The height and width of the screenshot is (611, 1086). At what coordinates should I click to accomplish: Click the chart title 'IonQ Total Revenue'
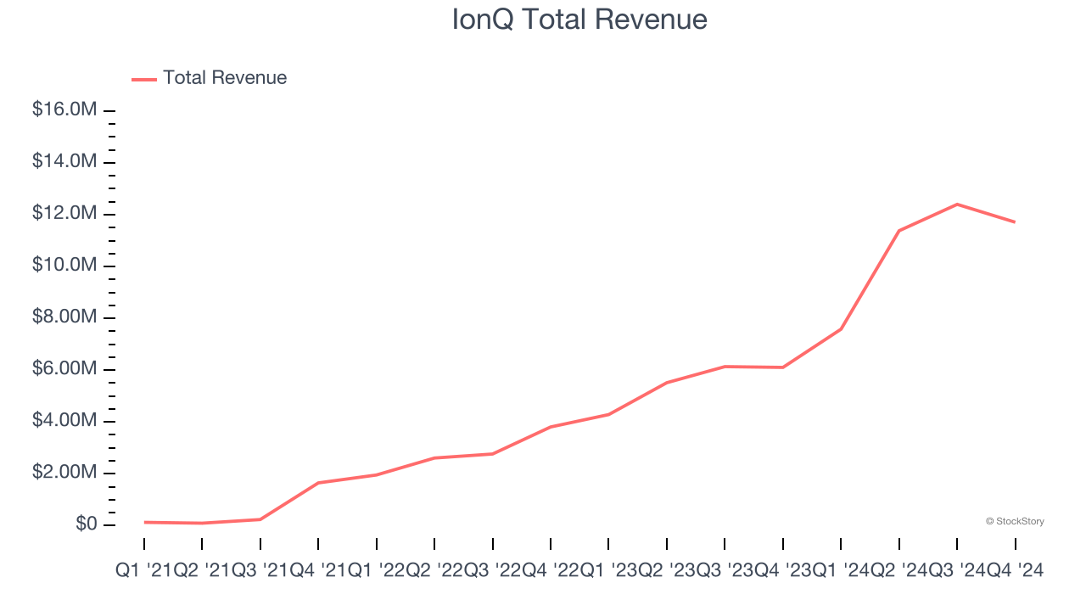tap(579, 20)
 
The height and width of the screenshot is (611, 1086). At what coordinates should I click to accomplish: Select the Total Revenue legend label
tap(225, 78)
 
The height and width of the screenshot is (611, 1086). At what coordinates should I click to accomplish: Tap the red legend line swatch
tap(144, 79)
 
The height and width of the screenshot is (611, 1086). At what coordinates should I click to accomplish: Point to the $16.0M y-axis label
tap(64, 110)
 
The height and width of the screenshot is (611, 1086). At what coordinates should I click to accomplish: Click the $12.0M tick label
tap(64, 214)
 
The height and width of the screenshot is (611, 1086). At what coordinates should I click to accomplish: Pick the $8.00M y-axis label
tap(64, 317)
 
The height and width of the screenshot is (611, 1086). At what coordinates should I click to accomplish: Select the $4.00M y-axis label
tap(64, 421)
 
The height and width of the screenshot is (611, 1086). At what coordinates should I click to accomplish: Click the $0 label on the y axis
tap(86, 524)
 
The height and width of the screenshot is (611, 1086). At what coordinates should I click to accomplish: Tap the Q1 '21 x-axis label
tap(145, 571)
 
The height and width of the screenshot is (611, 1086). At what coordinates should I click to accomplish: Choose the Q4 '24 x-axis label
tap(1015, 571)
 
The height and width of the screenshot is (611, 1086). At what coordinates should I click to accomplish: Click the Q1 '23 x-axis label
tap(609, 571)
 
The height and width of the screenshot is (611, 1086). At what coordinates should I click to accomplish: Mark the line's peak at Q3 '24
tap(957, 204)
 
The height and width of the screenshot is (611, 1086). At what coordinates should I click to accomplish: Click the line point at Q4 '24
tap(1015, 222)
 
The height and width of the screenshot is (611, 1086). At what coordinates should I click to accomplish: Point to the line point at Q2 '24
tap(898, 231)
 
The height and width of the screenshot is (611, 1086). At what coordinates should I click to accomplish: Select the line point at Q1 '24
tap(841, 328)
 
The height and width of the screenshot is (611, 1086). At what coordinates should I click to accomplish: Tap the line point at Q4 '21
tap(318, 483)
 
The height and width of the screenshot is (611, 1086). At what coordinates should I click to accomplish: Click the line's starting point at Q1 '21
tap(145, 522)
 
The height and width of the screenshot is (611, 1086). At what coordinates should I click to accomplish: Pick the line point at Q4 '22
tap(551, 427)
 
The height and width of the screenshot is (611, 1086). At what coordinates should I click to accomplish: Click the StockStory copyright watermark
tap(1015, 521)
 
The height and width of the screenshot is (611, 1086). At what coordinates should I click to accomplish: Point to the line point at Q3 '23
tap(725, 367)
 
